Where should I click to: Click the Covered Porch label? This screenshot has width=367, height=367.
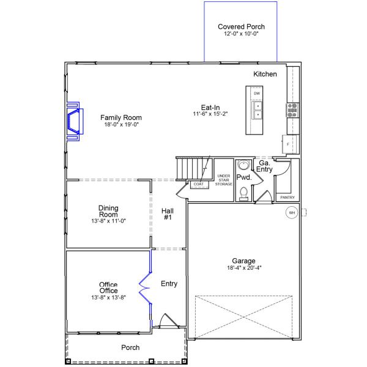pos(241,27)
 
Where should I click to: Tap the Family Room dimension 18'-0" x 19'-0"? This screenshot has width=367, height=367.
pos(122,125)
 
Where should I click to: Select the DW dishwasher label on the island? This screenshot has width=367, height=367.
pos(257,94)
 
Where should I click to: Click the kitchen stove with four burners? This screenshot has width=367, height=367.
pos(292,110)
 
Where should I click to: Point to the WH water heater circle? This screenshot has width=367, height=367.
pos(292,213)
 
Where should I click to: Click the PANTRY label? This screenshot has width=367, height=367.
pos(287,198)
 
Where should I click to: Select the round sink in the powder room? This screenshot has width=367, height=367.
pos(244,165)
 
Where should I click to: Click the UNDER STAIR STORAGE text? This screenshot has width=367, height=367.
pos(223,180)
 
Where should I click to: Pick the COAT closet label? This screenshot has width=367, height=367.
pos(198,184)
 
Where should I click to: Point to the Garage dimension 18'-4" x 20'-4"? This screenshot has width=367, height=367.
pos(244,267)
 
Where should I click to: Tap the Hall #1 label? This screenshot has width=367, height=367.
pos(168,214)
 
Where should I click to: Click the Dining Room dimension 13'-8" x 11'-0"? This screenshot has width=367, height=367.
pos(109,221)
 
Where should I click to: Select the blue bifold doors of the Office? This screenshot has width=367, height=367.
pos(146,288)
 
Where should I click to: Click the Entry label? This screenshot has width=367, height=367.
pos(169,284)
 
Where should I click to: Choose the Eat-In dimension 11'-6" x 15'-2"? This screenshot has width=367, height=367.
pos(210,114)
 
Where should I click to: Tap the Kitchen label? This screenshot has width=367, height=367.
pos(265,74)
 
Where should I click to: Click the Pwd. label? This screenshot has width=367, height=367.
pos(244,177)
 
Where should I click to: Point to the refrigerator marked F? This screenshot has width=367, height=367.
pos(291,144)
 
